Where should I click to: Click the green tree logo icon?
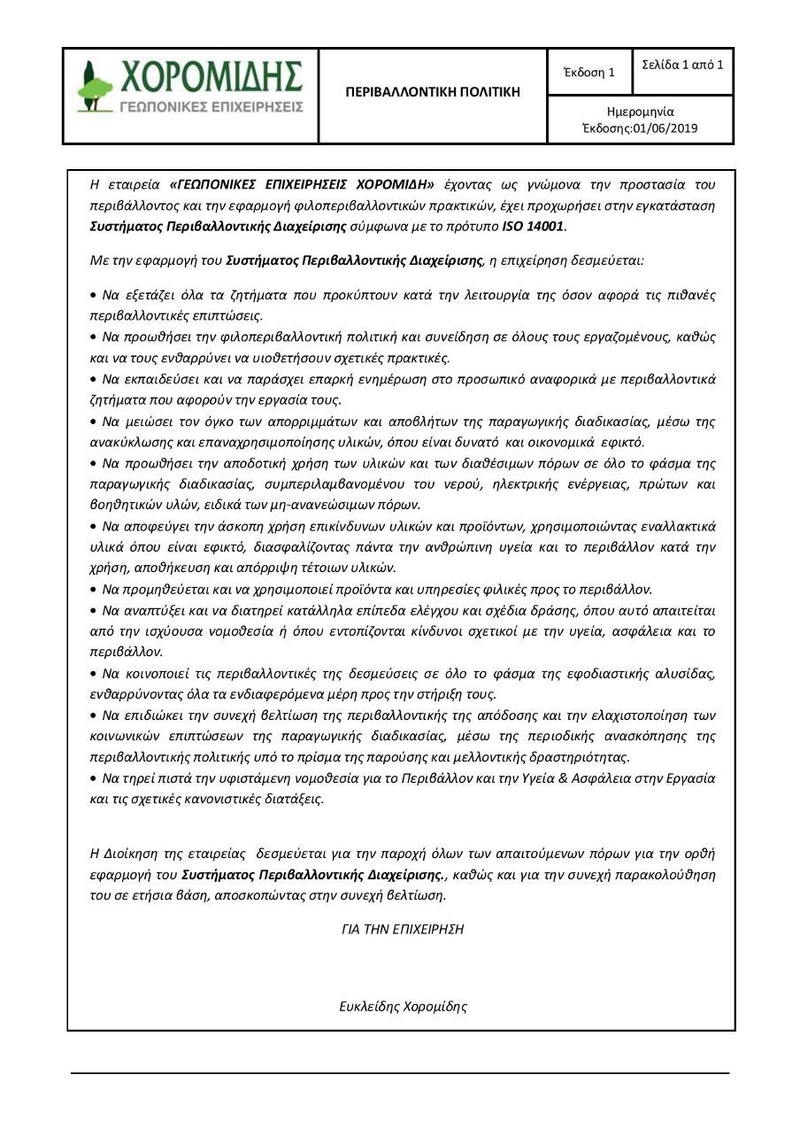(x=95, y=86)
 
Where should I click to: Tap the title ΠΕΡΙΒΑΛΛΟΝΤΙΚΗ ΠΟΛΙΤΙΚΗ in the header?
(x=433, y=92)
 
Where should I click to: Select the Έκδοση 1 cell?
(x=588, y=73)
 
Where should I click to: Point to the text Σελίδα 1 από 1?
(x=682, y=65)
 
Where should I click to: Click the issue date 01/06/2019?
(x=665, y=128)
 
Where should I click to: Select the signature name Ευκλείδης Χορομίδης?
(x=403, y=1006)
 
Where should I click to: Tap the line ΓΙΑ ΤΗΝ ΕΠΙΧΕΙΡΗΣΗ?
(x=403, y=929)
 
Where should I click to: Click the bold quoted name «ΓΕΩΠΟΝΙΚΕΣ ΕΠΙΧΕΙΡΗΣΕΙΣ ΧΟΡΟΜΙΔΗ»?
(x=301, y=184)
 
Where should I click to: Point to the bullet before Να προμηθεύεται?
(x=95, y=590)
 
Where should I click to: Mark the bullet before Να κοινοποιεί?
(x=95, y=674)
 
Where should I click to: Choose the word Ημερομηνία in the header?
(x=640, y=112)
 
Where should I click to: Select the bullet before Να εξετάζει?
(x=95, y=294)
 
